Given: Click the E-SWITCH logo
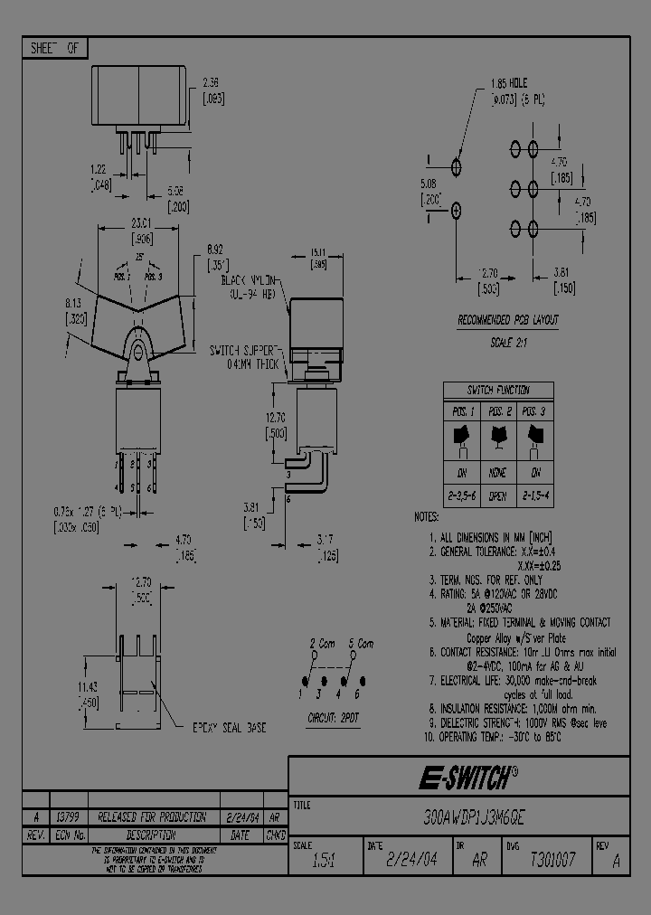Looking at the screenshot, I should [x=467, y=777].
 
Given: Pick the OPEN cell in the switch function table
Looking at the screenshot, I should [x=498, y=496].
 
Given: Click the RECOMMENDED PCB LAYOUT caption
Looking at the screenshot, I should [x=507, y=320].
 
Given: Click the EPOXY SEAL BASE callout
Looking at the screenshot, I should [x=230, y=727].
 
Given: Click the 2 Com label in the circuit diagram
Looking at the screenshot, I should [x=322, y=644].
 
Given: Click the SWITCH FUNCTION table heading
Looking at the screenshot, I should [x=498, y=391].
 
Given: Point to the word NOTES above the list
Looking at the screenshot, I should [x=427, y=517].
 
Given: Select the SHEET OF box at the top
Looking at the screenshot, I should [x=55, y=48].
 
